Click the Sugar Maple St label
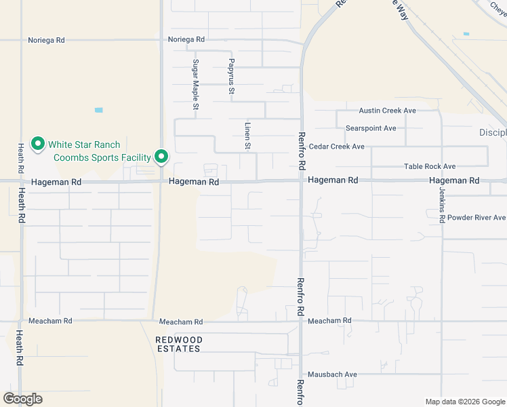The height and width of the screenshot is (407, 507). click(x=195, y=85)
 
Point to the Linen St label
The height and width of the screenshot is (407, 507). click(x=248, y=136)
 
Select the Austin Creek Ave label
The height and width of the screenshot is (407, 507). click(x=387, y=111)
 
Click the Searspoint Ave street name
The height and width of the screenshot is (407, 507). click(x=371, y=128)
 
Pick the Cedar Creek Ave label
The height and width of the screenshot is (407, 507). click(x=337, y=147)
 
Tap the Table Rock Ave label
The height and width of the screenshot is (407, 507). click(x=430, y=166)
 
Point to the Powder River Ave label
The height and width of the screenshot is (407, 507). click(x=476, y=218)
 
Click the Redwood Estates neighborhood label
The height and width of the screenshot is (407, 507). click(x=179, y=344)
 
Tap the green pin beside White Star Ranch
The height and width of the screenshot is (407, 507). click(x=38, y=144)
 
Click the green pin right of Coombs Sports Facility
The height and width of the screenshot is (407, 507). click(x=161, y=157)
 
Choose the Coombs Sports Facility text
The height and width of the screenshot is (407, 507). click(x=102, y=157)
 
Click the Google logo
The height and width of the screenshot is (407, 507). click(x=23, y=399)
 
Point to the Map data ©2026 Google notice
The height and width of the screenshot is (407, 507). click(x=464, y=402)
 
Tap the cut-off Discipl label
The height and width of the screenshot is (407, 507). click(x=493, y=132)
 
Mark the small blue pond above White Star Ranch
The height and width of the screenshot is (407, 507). click(x=99, y=110)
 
